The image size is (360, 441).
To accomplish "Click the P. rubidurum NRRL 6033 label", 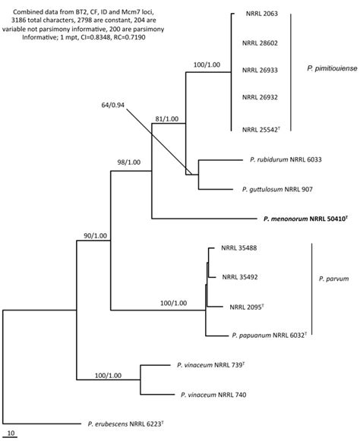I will pyautogui.click(x=286, y=159).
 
